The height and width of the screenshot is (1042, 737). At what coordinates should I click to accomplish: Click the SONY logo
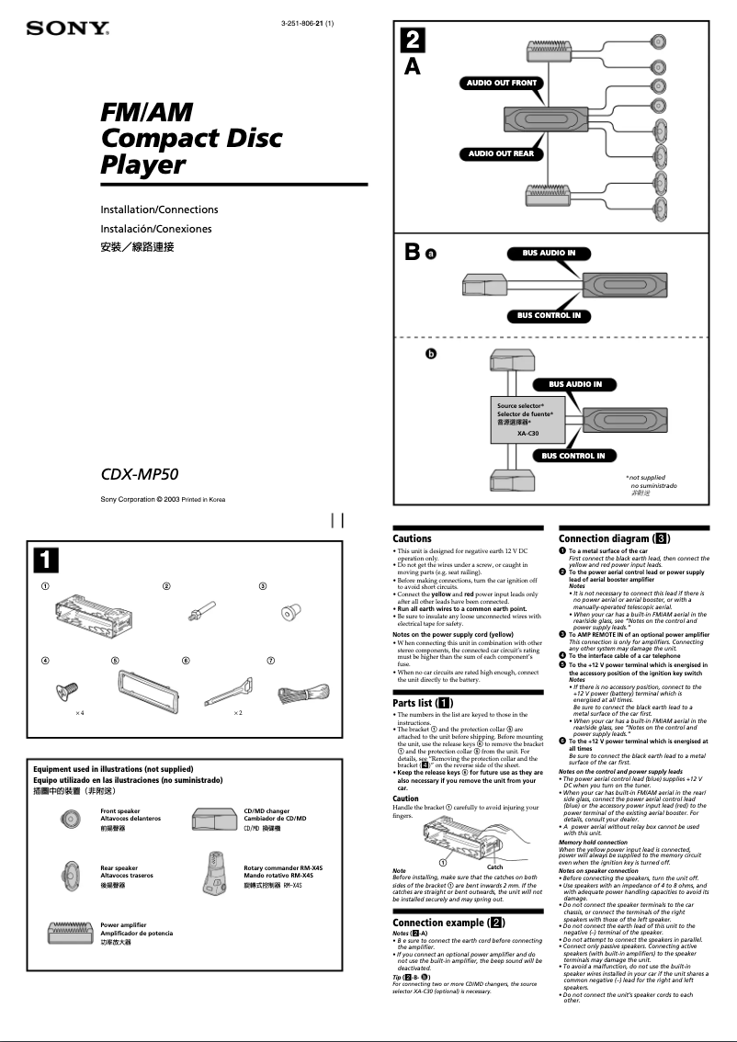coord(68,29)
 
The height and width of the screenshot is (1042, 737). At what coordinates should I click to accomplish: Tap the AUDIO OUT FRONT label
coord(501,83)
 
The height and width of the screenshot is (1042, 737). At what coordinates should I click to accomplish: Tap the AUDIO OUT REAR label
coord(501,153)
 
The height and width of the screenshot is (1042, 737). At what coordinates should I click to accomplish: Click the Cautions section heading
coord(412,538)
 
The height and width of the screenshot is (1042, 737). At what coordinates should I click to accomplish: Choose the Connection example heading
coord(448,923)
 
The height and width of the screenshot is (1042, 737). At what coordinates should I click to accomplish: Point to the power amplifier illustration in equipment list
coord(72,936)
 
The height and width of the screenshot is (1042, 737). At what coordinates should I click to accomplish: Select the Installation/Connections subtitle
coord(159,210)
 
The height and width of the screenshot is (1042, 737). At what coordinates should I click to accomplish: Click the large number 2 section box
coord(413,40)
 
